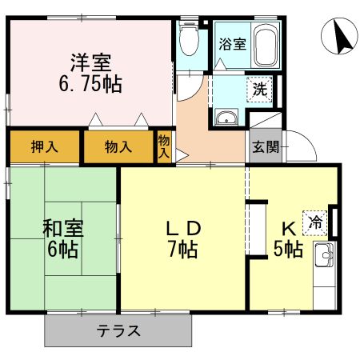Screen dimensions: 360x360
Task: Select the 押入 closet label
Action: point(43,147)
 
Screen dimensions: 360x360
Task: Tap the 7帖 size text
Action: point(183,249)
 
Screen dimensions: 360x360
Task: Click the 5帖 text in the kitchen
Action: point(288,249)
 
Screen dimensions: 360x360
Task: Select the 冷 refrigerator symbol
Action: point(317,222)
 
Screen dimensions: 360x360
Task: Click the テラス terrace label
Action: point(118,330)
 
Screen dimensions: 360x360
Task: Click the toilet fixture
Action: point(190,38)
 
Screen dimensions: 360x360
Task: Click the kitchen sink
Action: point(326,258)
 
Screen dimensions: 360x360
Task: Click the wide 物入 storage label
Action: point(118,147)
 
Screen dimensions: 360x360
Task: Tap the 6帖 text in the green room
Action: point(62,249)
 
